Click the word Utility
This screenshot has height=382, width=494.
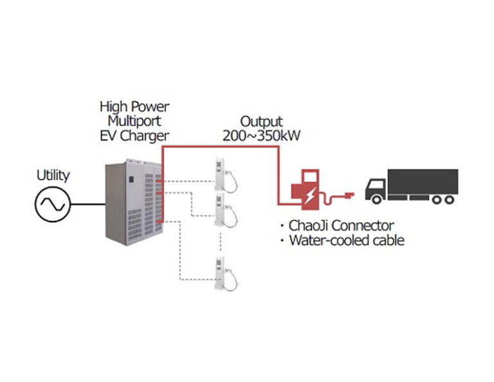pos(53,175)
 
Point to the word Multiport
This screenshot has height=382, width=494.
pos(134,120)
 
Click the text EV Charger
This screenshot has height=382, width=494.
pos(134,135)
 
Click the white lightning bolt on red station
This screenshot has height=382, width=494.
pos(309,195)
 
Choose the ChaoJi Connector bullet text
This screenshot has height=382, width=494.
pos(340,225)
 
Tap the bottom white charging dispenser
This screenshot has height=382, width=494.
pos(223,272)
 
